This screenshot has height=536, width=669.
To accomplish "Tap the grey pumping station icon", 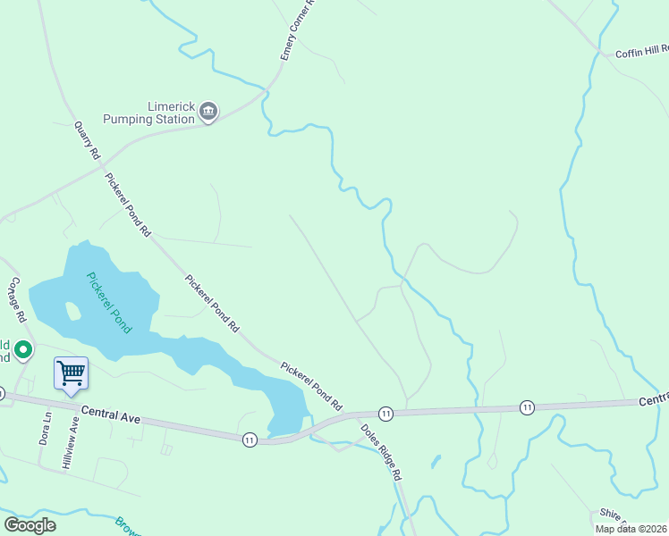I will click(208, 112).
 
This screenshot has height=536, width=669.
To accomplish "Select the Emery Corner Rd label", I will click(299, 30).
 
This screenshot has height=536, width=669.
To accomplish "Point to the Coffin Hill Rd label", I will click(641, 52).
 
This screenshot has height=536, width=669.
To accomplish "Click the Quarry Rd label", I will click(87, 140).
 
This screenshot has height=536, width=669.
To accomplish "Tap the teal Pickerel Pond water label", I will click(109, 302).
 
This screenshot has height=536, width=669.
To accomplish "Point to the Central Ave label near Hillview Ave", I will click(112, 415).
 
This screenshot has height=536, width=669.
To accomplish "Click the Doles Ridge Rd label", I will click(381, 451).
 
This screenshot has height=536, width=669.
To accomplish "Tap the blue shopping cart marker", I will click(71, 373).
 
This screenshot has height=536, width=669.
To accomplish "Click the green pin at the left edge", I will click(23, 349).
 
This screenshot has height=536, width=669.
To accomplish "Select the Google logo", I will click(30, 524).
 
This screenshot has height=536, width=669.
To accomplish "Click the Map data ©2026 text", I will click(631, 529).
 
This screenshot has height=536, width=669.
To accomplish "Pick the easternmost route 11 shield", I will click(527, 407).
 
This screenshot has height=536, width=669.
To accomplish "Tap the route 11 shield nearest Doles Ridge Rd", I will click(385, 413).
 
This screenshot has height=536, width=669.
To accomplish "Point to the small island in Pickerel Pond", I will click(72, 311).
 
